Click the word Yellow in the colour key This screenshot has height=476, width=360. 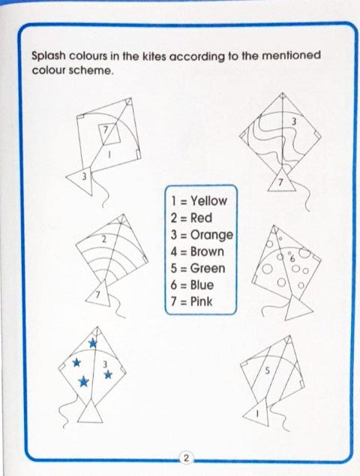pos(208,201)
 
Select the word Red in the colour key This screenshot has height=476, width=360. pos(201,218)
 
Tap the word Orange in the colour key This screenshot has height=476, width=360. pos(211,235)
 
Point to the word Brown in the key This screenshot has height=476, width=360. pos(207,252)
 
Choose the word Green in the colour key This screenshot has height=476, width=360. pos(208,268)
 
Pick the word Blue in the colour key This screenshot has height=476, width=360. pos(202,285)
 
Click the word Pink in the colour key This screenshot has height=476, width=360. pos(202,302)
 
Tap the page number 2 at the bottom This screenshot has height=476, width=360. pos(186,458)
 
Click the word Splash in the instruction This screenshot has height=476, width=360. pos(49,56)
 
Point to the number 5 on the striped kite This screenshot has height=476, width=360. pos(267,371)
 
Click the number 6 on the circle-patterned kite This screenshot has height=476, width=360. pos(292,258)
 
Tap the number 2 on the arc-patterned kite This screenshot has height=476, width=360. pos(103,240)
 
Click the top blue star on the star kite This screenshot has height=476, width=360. pos(92,343)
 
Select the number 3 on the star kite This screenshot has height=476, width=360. pos(105,363)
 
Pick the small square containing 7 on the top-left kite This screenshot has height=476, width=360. pos(109,134)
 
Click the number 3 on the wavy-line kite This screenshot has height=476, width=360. pos(293,122)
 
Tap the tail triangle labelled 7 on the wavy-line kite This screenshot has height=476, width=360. pos(282,181)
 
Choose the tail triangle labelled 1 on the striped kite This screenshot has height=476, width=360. pos(259,412)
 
